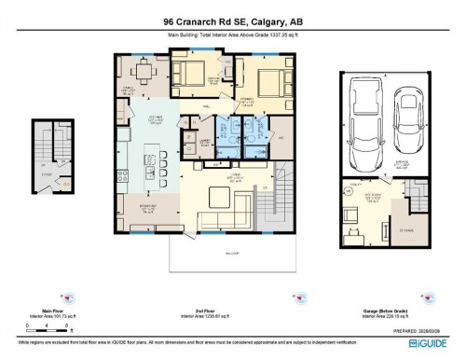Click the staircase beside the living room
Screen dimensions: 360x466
click(285, 201)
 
